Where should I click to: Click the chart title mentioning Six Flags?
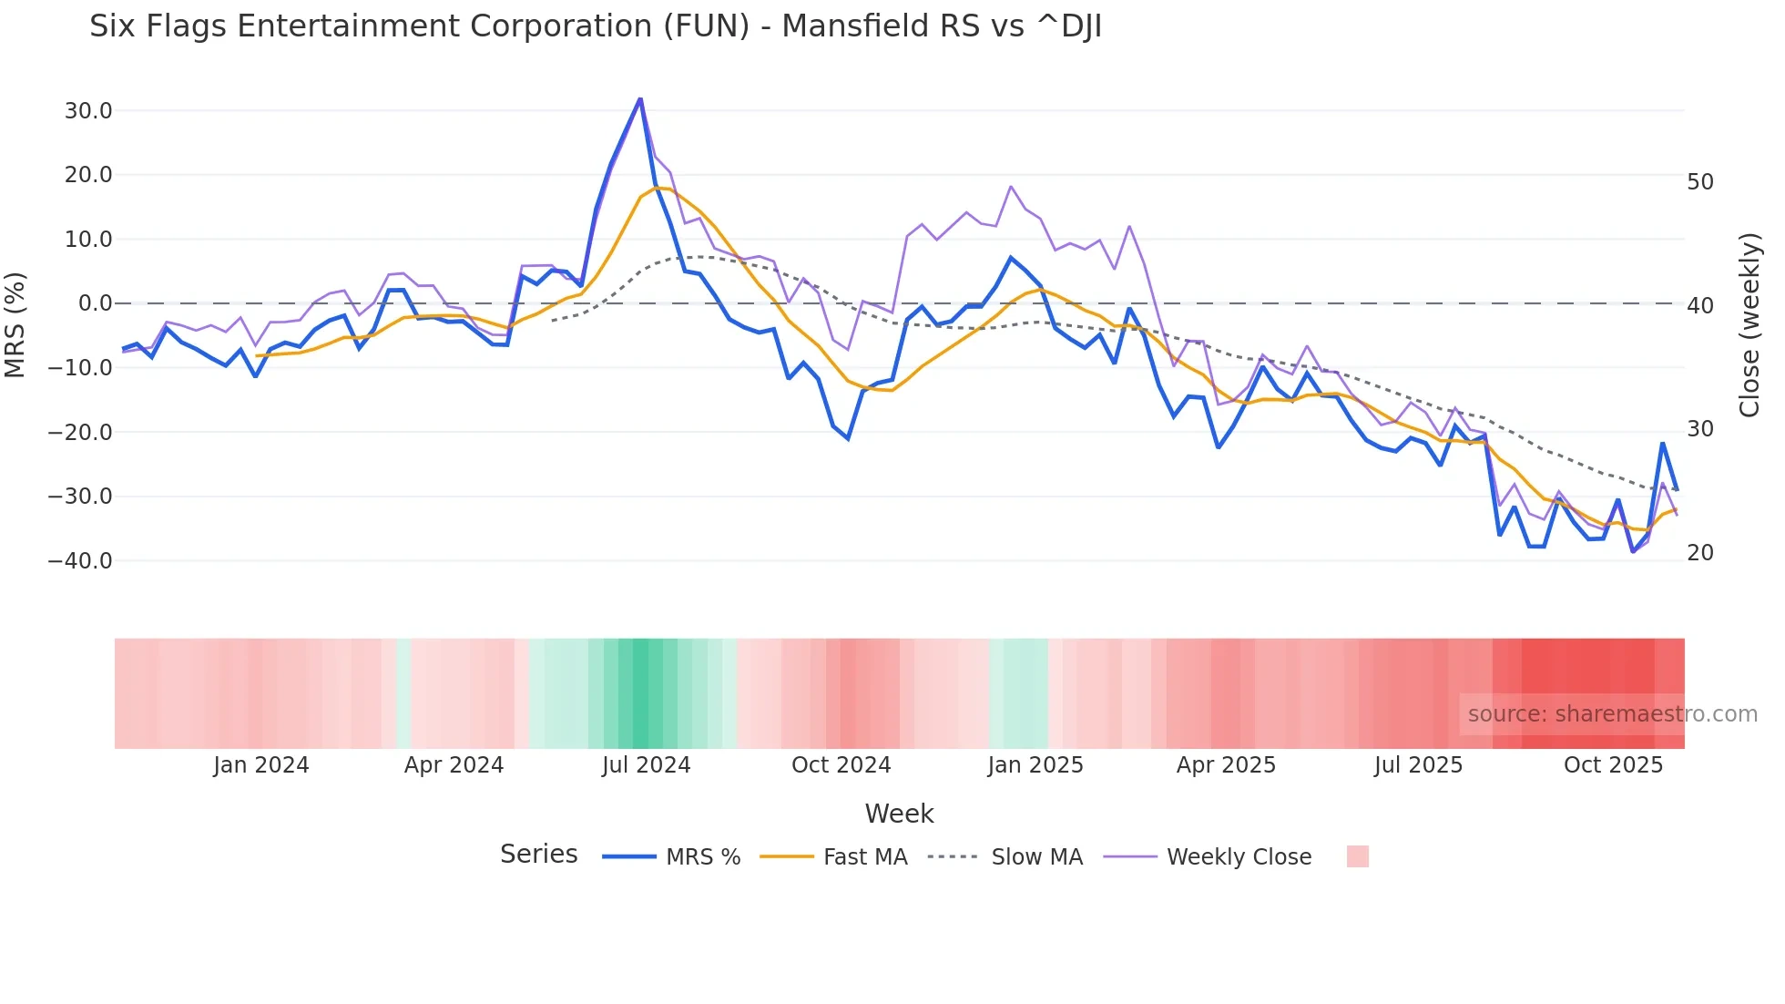596,26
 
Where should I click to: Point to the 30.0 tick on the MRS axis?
88,111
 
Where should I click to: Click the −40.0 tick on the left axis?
80,561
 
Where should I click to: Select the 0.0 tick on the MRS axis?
95,303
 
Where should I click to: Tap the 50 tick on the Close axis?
1700,182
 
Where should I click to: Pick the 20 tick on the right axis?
1700,553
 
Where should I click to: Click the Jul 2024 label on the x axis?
647,765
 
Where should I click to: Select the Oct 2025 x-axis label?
1613,765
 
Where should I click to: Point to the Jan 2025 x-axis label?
1035,765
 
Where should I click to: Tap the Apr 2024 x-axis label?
454,765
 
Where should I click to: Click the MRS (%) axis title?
15,325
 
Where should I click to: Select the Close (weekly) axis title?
1749,325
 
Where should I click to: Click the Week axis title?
899,814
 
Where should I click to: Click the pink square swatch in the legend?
1357,856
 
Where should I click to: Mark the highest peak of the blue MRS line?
640,98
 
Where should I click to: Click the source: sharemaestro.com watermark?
1612,714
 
